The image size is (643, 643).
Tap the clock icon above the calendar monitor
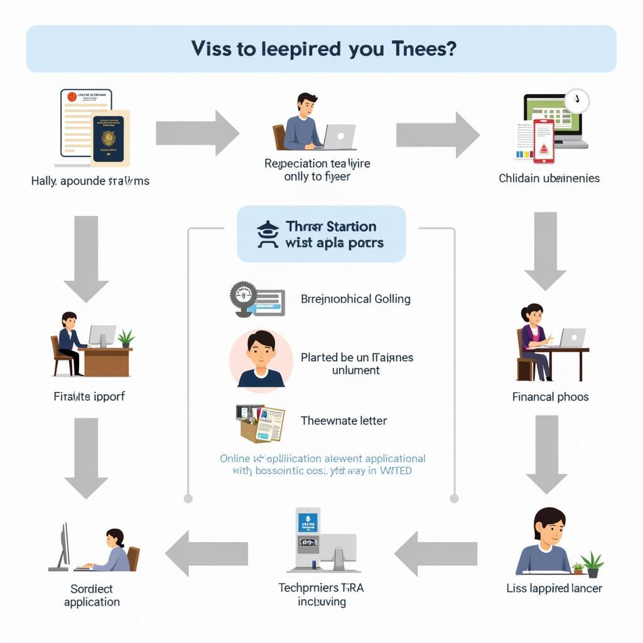tap(576, 101)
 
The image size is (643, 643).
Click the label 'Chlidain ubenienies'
tap(549, 178)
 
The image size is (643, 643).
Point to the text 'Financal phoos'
tap(550, 397)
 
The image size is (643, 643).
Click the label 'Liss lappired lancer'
tap(554, 588)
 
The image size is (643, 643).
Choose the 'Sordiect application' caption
tap(92, 595)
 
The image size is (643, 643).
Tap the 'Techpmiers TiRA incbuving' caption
tap(321, 595)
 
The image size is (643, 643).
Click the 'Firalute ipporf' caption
tap(89, 397)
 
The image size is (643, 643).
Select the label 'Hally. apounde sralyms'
tap(90, 181)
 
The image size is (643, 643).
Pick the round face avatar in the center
tap(261, 360)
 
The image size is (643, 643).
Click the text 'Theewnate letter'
tap(343, 421)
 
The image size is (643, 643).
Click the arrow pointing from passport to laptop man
tap(197, 132)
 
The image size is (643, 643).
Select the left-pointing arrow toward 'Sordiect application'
tap(207, 553)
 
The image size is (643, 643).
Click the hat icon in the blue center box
tap(267, 234)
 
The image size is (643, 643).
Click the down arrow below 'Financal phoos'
tap(546, 454)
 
